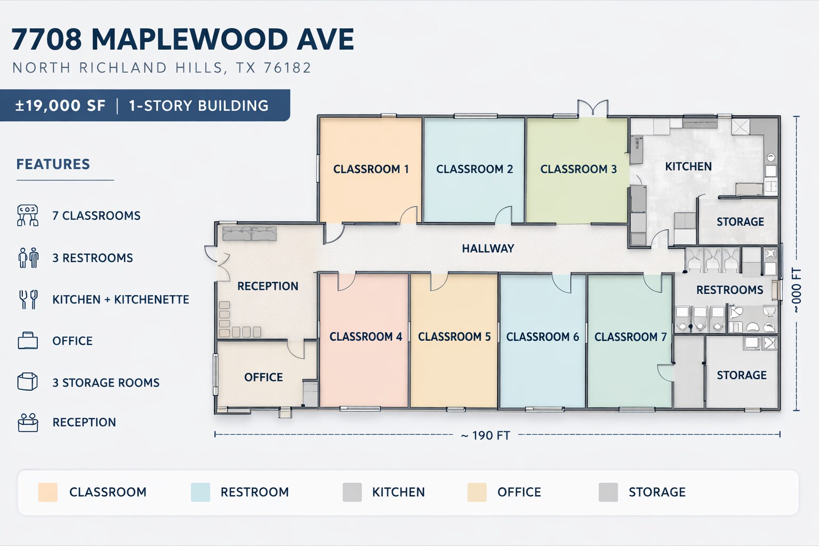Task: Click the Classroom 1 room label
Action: pyautogui.click(x=371, y=169)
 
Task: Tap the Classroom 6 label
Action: pyautogui.click(x=543, y=336)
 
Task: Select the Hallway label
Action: pyautogui.click(x=488, y=248)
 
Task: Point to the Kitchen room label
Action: pyautogui.click(x=688, y=166)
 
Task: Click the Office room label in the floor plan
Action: pyautogui.click(x=263, y=377)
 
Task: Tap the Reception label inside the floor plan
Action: pyautogui.click(x=268, y=286)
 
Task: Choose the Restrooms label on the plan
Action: pyautogui.click(x=729, y=290)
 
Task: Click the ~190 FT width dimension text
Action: pyautogui.click(x=486, y=436)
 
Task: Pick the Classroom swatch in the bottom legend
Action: pyautogui.click(x=48, y=492)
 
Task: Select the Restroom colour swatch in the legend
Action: pyautogui.click(x=200, y=492)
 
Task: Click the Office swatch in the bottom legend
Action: pyautogui.click(x=477, y=492)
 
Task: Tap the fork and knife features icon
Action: pyautogui.click(x=28, y=299)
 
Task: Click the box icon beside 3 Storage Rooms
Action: pyautogui.click(x=27, y=382)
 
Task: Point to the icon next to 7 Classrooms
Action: pyautogui.click(x=27, y=215)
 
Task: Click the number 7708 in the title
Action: pyautogui.click(x=46, y=39)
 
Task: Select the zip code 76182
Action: pyautogui.click(x=287, y=68)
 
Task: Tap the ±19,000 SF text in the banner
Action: pyautogui.click(x=60, y=106)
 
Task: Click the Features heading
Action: pyautogui.click(x=53, y=164)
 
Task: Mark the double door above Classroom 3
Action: pyautogui.click(x=593, y=108)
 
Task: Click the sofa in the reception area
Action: pyautogui.click(x=250, y=234)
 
